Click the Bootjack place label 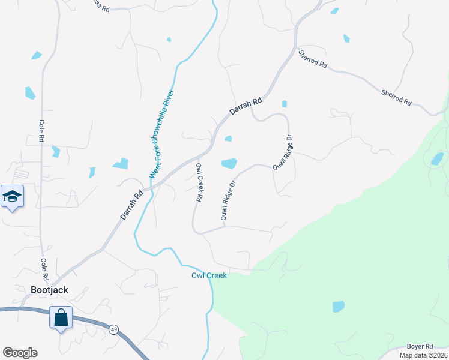49,289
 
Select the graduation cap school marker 12,197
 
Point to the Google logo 20,353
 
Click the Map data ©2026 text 423,355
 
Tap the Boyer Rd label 420,346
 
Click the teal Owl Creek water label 209,275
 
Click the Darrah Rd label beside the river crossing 132,205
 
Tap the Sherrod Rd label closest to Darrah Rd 313,59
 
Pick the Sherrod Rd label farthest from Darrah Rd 397,97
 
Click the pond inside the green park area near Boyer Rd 339,307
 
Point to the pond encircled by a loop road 437,158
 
